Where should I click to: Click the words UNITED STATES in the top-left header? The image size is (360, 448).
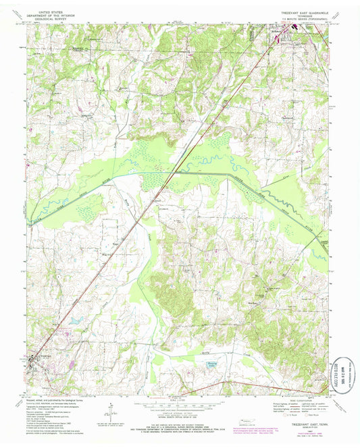point(55,11)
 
